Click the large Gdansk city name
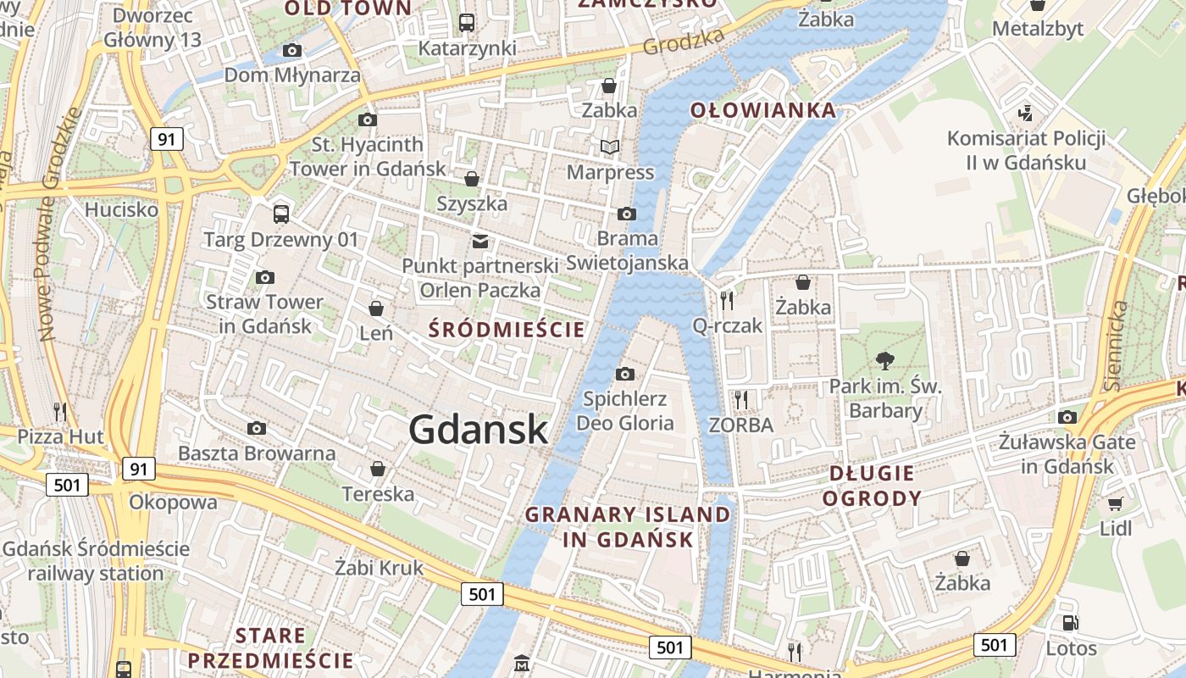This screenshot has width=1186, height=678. coord(479,430)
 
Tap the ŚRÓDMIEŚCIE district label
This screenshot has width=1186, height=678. coord(507,330)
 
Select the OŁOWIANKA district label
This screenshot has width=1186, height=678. coord(762,110)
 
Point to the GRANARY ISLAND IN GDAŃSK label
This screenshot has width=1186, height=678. coord(628,526)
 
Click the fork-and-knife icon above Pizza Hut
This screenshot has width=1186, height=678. coord(60,412)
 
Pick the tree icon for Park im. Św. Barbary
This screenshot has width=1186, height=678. coord(885,361)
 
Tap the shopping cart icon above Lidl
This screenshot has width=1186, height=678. coord(1116,503)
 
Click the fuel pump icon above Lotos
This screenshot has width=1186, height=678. coord(1071,623)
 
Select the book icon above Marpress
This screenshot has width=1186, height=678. coord(610,147)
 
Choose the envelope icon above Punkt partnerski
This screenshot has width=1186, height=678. coord(480,241)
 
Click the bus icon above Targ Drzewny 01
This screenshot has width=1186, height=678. coord(281,214)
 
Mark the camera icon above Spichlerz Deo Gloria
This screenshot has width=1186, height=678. coord(625,374)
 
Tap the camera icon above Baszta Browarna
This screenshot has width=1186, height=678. coord(256,428)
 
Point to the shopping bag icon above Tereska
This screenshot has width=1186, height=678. coord(378,469)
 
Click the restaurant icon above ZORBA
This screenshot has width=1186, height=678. coord(741,399)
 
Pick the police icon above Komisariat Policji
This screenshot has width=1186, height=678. coord(1026,113)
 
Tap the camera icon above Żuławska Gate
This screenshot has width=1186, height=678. coord(1067,417)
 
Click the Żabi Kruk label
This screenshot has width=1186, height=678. coord(379,567)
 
